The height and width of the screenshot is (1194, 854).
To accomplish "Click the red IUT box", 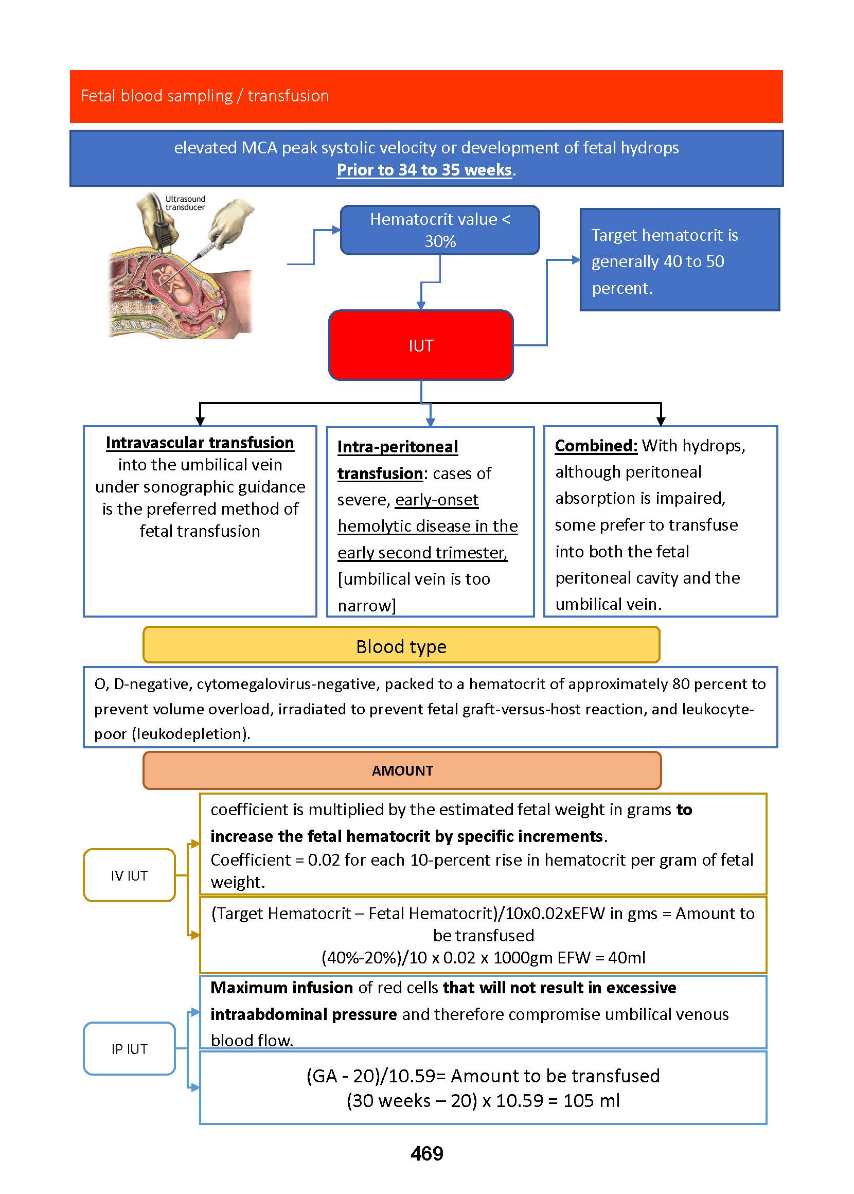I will [421, 345].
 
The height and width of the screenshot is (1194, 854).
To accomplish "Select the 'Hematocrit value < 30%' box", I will [440, 230].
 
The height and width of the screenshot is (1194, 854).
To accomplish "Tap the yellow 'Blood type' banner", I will [401, 646].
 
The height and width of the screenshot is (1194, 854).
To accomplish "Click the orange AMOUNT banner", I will [402, 770].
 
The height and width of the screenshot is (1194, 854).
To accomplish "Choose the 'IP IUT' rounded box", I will [129, 1049].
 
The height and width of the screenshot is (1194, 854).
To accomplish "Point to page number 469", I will [426, 1153].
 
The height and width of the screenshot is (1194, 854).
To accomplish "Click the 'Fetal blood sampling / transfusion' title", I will [205, 96].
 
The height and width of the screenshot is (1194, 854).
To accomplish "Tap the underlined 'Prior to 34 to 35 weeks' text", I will [424, 170].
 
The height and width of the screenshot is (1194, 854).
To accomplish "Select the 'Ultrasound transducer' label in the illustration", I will [185, 203].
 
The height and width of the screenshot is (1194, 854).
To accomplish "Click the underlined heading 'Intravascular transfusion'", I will [200, 443].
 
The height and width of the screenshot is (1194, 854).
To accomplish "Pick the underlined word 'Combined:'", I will [596, 446].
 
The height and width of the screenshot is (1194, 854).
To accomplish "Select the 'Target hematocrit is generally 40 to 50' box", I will [680, 260].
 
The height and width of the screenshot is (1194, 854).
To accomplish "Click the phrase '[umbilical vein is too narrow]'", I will [413, 592].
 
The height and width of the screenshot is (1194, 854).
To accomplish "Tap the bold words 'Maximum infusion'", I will [281, 988].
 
